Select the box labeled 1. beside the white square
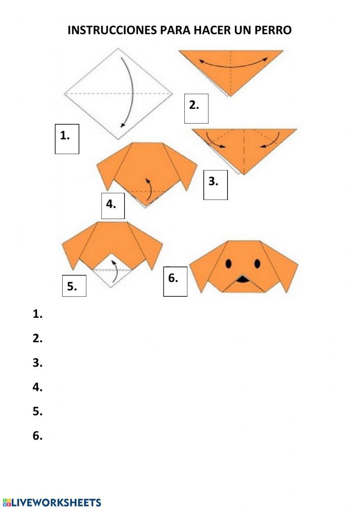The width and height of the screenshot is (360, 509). tap(67, 139)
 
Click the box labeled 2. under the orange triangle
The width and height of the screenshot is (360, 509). tap(196, 108)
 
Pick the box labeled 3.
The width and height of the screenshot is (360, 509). tap(215, 185)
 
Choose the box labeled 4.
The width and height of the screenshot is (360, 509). tap(113, 206)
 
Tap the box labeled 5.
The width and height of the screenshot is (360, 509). tap(74, 286)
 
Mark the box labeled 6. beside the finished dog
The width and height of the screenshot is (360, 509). tap(175, 281)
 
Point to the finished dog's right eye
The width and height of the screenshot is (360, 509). tap(257, 263)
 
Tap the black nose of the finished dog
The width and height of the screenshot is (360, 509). tap(243, 278)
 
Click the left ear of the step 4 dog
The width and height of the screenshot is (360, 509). tap(107, 169)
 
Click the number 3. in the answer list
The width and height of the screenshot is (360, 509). tap(38, 363)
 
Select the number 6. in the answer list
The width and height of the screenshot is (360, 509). tap(38, 436)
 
